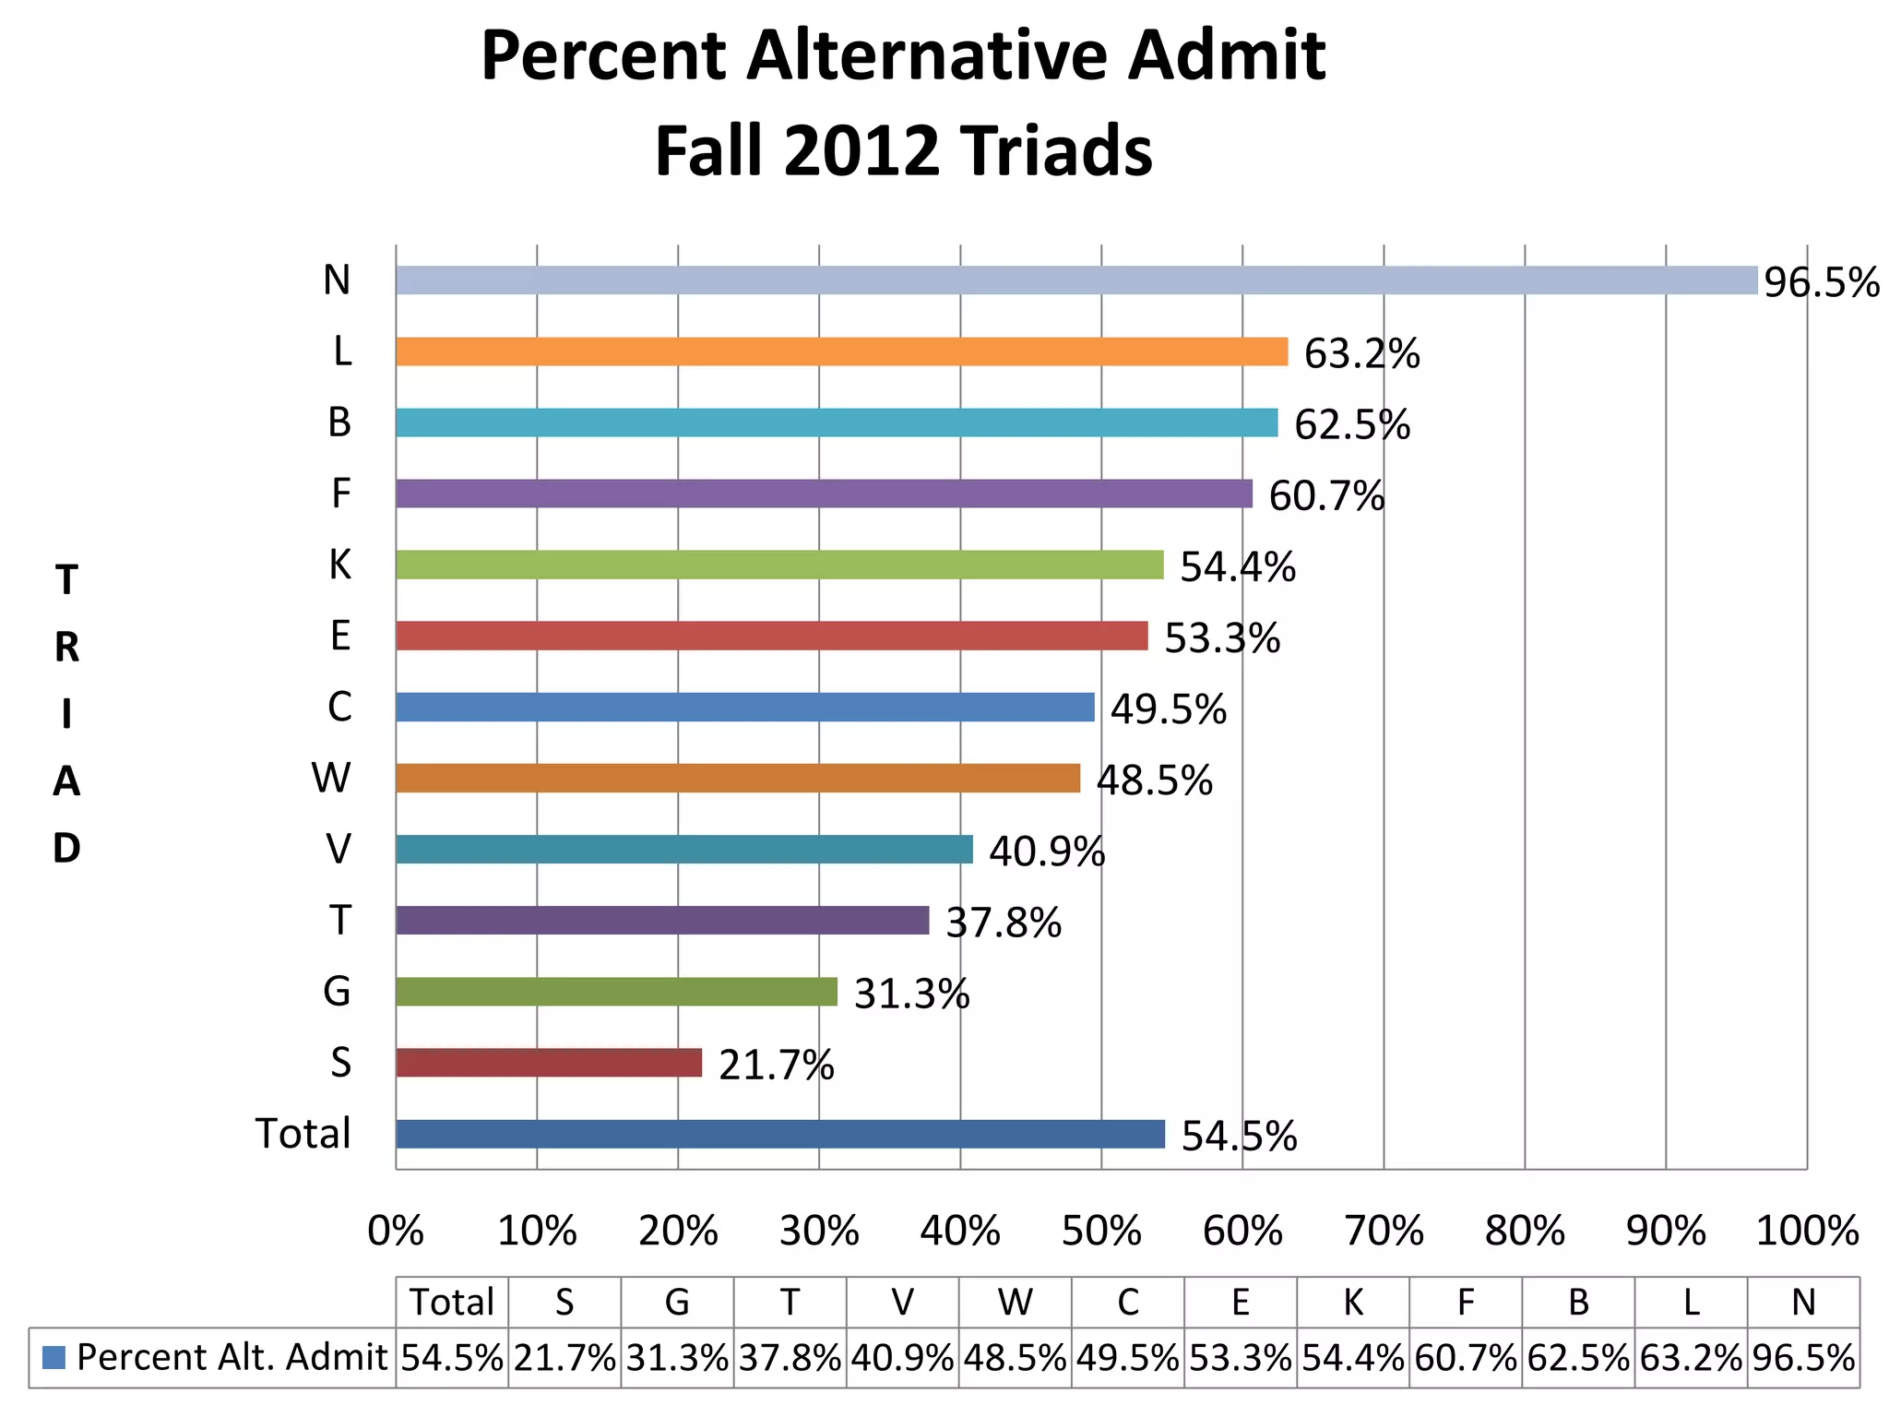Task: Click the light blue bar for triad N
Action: coord(1075,280)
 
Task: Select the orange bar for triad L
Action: coord(841,351)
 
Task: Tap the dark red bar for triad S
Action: coord(549,1063)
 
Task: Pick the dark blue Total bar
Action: coord(780,1134)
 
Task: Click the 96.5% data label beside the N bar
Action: coord(1821,282)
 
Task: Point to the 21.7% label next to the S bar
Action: coord(777,1066)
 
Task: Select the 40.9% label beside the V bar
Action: coord(1047,851)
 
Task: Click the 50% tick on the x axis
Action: coord(1101,1232)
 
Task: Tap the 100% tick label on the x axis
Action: coord(1807,1232)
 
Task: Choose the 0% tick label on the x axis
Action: coord(396,1232)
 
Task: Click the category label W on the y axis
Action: coord(331,778)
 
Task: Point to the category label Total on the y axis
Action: coord(303,1134)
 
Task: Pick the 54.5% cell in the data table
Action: coord(452,1358)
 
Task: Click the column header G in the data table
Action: coord(677,1303)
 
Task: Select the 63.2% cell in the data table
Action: coord(1691,1358)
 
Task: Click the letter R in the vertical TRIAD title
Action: coord(66,648)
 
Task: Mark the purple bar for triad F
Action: coord(824,494)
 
